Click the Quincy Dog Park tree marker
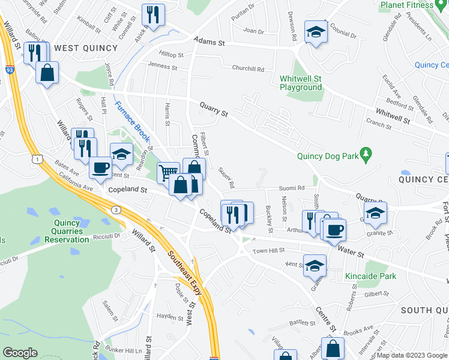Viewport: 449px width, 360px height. point(364,156)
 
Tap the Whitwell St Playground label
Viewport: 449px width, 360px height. point(301,83)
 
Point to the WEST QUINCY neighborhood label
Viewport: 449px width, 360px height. point(86,47)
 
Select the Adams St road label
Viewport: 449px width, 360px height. point(209,43)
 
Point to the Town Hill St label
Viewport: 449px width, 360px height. point(268,251)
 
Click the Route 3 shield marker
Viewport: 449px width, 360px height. point(115,209)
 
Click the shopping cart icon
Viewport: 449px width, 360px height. point(169,172)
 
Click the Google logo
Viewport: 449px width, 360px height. point(20,353)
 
